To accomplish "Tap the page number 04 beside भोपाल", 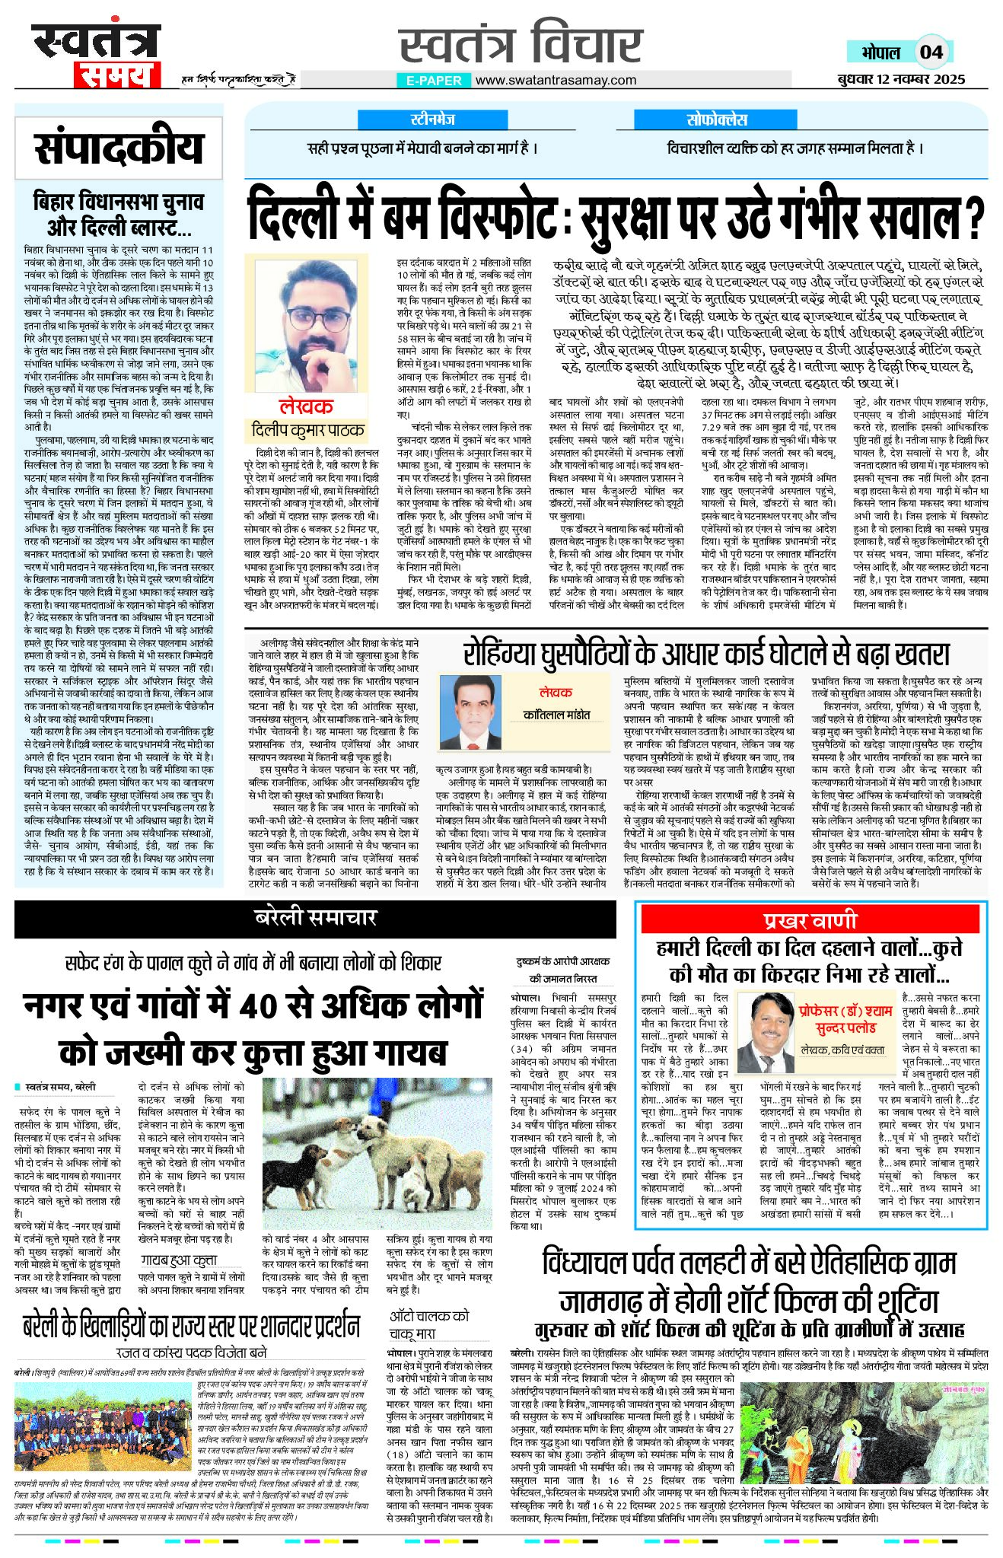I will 931,53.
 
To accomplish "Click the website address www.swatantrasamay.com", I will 556,80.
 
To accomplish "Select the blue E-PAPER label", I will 434,80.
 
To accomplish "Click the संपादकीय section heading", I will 119,148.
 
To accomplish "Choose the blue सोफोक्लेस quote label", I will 717,119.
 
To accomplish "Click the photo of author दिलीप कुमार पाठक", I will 307,325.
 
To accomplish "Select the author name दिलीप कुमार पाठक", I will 307,430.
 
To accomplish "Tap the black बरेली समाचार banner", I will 316,918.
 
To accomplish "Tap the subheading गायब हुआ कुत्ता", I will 178,1260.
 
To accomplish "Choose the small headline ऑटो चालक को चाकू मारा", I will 430,1324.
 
